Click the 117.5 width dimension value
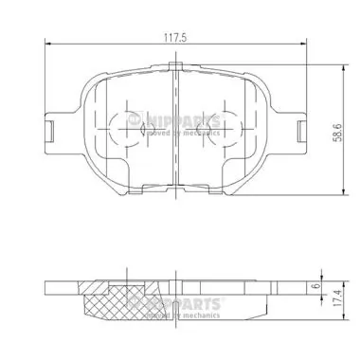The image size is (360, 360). tap(176, 39)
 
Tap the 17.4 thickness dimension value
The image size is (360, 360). tap(335, 310)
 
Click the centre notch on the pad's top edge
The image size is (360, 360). tap(176, 67)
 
